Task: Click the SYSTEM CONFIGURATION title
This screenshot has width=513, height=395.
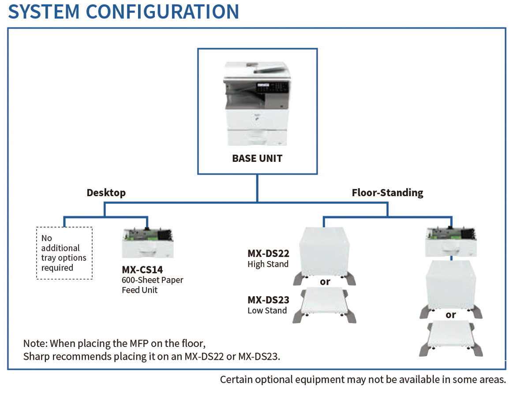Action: (124, 12)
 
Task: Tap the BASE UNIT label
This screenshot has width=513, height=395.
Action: (257, 159)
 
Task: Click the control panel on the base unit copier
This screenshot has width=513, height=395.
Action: (272, 87)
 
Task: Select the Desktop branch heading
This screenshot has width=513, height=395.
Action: (106, 193)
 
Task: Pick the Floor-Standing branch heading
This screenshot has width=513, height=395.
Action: (387, 193)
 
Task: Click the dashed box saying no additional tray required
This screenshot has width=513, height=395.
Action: (64, 253)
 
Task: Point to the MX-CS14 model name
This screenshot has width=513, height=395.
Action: (142, 270)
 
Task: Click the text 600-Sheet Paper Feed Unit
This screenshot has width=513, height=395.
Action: (153, 285)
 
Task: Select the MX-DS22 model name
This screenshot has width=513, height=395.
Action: (268, 253)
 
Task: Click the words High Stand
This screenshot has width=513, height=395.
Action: (268, 264)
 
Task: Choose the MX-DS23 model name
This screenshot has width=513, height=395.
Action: (268, 300)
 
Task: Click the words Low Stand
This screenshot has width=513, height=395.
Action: (267, 311)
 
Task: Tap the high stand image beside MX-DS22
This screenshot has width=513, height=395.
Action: (324, 256)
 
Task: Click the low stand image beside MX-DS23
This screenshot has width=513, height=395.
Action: (324, 306)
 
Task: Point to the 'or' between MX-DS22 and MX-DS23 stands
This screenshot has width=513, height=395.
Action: (325, 282)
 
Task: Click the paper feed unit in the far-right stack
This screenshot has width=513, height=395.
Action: (451, 242)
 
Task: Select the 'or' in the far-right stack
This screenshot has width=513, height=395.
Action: (450, 315)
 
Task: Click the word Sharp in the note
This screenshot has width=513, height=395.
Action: (36, 356)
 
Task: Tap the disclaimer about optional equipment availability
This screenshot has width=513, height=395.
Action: (363, 380)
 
